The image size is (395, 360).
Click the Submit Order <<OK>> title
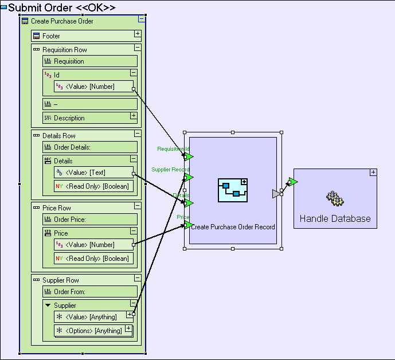click(61, 7)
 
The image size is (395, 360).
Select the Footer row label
click(51, 36)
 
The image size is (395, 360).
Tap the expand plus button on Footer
click(138, 33)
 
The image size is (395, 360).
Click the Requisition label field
click(69, 61)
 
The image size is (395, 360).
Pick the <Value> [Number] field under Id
click(90, 87)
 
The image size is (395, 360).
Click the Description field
click(69, 118)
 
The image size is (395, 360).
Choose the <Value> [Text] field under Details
click(88, 172)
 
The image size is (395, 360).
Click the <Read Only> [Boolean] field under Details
click(92, 186)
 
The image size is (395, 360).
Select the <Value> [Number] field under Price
click(90, 245)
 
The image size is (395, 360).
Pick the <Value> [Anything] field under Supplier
click(91, 317)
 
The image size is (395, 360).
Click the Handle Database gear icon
click(335, 199)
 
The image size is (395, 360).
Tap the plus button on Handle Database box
click(373, 172)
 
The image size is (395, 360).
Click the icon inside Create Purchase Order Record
click(233, 190)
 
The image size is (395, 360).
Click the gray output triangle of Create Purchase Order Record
click(276, 194)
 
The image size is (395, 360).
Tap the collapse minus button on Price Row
click(138, 205)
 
